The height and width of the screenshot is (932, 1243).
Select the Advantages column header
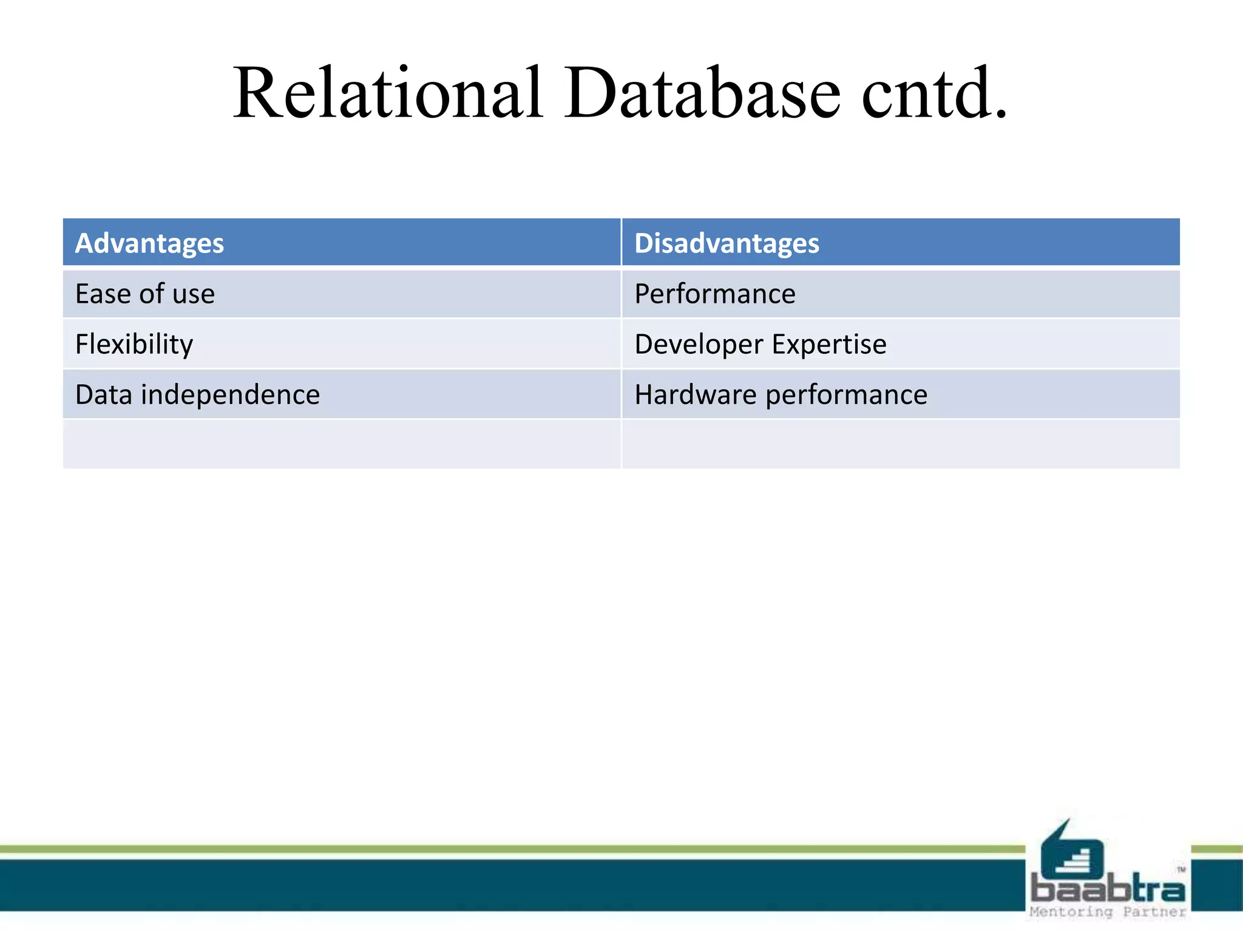click(149, 243)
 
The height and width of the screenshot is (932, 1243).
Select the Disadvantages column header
click(726, 243)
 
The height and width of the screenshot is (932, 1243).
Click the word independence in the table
click(231, 395)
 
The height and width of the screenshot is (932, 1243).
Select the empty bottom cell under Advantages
click(342, 444)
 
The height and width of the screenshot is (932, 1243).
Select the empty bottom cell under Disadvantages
click(901, 444)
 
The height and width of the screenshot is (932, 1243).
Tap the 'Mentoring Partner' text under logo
click(1108, 912)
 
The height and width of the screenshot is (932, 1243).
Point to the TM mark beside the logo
click(1181, 870)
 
